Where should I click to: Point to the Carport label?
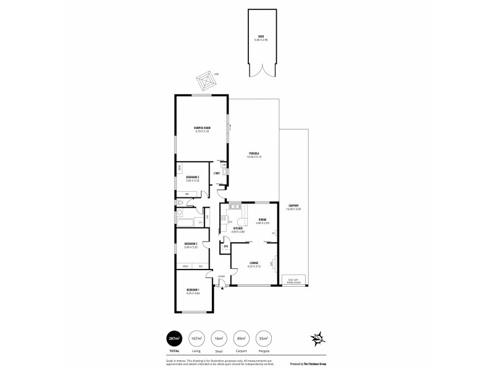click(293, 206)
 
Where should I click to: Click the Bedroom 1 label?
click(193, 289)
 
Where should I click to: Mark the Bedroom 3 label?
click(192, 178)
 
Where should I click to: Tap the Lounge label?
click(254, 263)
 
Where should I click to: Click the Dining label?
click(263, 220)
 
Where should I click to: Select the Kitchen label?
click(238, 228)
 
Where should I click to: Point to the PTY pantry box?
click(226, 247)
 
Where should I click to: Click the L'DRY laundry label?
click(217, 173)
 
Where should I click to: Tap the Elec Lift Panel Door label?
click(295, 281)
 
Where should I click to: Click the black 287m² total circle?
click(174, 338)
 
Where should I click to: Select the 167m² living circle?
click(197, 338)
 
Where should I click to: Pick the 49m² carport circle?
click(242, 338)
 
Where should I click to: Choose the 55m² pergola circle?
click(264, 338)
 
